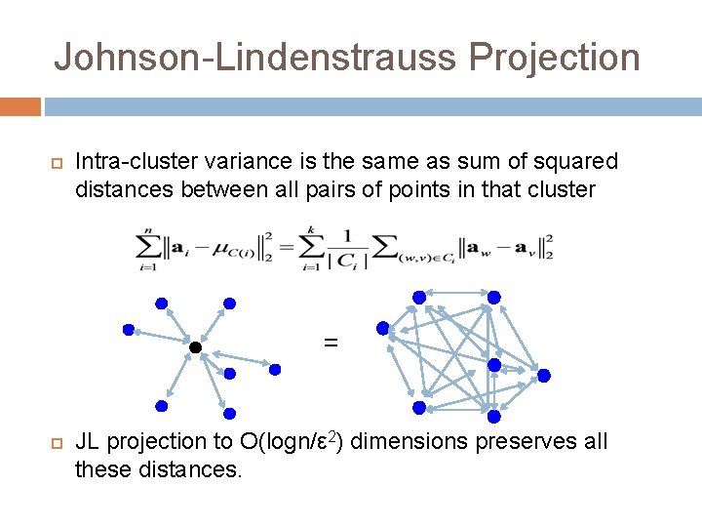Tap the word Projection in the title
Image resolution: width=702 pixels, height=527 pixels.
tap(554, 57)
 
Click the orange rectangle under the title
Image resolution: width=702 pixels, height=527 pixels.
tap(19, 105)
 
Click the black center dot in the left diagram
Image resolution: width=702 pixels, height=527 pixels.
tap(195, 347)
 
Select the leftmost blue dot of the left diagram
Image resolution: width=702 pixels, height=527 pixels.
tap(128, 330)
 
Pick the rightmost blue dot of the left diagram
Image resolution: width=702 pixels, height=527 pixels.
tap(275, 370)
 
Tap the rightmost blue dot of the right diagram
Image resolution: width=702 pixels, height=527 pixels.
tap(544, 375)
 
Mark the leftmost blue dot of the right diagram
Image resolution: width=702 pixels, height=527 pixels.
tap(383, 329)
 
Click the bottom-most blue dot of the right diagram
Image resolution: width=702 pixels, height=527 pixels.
tap(493, 417)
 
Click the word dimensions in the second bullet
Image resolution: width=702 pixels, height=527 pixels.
tap(409, 442)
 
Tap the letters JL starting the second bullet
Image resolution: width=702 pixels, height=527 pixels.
tap(88, 442)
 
